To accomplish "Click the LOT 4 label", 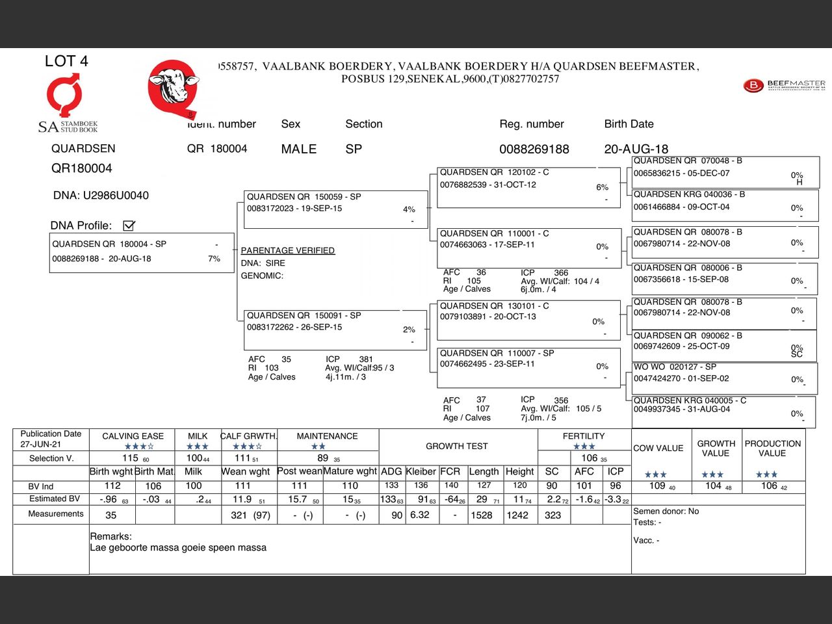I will click(66, 61).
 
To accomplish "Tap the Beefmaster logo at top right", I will click(784, 85).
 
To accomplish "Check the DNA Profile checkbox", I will click(129, 226).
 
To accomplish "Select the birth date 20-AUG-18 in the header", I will click(636, 149).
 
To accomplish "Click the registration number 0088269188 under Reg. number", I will click(534, 149).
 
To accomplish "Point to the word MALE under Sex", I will click(298, 149).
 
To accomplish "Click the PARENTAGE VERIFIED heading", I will click(287, 250).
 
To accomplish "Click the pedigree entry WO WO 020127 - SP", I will click(675, 367).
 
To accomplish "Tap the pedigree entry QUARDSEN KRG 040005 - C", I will click(689, 400).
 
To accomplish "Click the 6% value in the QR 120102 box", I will click(602, 187).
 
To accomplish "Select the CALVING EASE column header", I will click(133, 436).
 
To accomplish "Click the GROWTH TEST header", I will click(456, 446).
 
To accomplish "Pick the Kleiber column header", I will click(421, 471).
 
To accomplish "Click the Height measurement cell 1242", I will click(517, 515).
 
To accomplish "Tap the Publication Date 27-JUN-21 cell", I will click(51, 439).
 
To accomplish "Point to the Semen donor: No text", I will click(666, 511).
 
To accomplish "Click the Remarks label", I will click(110, 536).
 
